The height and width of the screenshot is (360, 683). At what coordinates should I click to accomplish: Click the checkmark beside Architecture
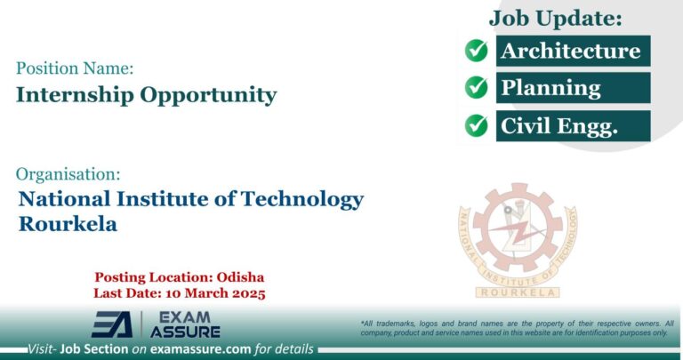coord(477,51)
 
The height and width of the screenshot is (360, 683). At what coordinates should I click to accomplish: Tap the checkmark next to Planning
coord(477,88)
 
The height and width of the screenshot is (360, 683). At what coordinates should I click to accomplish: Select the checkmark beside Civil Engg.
coord(477,125)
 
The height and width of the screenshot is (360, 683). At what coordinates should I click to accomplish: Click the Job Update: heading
coord(555,18)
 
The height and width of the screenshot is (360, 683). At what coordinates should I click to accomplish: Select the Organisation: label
coord(68,174)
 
